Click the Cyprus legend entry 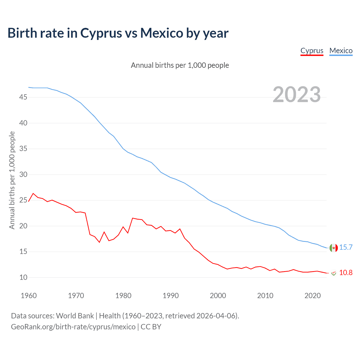[312, 51]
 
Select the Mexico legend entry [341, 51]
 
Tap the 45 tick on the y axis [23, 97]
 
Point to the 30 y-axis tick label [23, 174]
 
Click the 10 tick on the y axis [23, 277]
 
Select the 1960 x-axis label [29, 296]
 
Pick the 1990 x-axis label [171, 296]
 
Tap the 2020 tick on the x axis [312, 296]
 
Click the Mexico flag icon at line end [334, 248]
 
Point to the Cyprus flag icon [334, 273]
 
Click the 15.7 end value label [346, 247]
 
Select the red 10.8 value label [346, 273]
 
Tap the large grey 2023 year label [297, 94]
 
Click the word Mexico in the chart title [162, 33]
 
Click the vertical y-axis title [12, 180]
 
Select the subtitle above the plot [180, 65]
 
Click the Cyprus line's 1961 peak [33, 193]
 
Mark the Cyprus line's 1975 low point [99, 242]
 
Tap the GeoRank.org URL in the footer [73, 327]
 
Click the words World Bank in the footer [75, 316]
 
